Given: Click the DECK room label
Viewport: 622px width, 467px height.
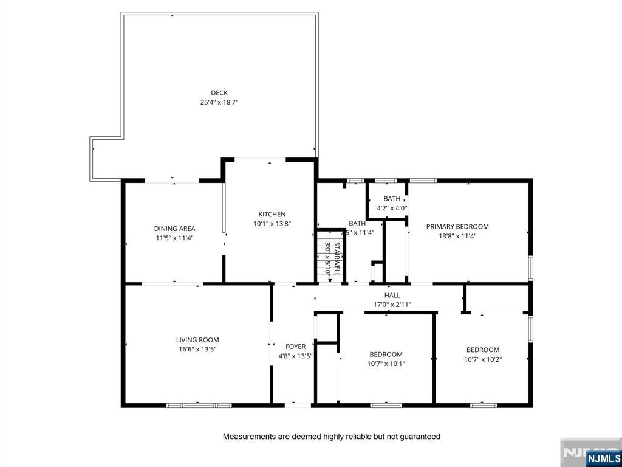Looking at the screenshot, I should click(x=219, y=93).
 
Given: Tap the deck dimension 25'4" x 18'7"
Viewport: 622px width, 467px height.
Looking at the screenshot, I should click(x=219, y=103).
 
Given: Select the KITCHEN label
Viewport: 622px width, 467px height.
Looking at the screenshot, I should click(x=272, y=214).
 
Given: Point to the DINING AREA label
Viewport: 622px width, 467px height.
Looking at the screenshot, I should click(x=174, y=229).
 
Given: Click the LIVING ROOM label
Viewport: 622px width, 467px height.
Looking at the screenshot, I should click(x=197, y=340).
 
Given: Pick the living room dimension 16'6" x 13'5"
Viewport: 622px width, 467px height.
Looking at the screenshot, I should click(x=197, y=350).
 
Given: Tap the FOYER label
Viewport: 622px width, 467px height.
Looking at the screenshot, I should click(x=295, y=347).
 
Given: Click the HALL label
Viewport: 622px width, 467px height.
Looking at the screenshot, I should click(x=392, y=296).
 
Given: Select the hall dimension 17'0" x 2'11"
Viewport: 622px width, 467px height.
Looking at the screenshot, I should click(x=392, y=305).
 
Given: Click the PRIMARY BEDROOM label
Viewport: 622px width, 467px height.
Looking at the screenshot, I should click(x=457, y=227).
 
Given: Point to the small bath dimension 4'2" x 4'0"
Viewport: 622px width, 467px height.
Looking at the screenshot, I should click(x=392, y=208).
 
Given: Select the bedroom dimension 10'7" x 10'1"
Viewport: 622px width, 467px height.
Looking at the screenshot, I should click(x=386, y=364).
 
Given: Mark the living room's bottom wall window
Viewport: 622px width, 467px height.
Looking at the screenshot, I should click(x=199, y=405).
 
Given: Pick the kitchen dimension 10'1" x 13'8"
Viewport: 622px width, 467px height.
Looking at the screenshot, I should click(x=272, y=224).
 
